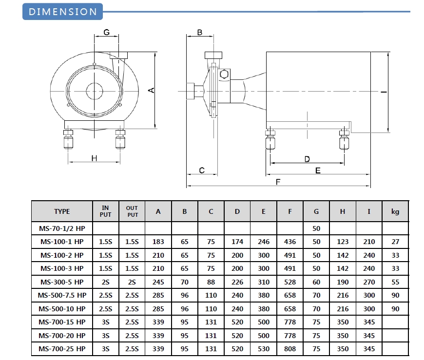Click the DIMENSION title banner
pos(63,12)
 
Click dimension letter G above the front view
pos(106,33)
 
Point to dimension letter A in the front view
pos(151,90)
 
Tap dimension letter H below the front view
pos(94,158)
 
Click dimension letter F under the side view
pos(278,182)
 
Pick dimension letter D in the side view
pos(307,159)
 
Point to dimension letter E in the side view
pos(318,171)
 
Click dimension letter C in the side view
pos(201,170)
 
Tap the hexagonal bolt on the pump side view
pos(224,75)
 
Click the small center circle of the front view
pos(94,91)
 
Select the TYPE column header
pos(62,211)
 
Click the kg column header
pos(395,211)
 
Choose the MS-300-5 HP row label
pos(62,282)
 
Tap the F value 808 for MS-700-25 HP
pos(290,349)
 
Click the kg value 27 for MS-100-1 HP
pos(395,242)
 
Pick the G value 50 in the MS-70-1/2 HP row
pos(316,228)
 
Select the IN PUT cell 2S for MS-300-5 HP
pos(106,282)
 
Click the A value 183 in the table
pos(158,242)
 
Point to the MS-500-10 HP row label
pos(62,309)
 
